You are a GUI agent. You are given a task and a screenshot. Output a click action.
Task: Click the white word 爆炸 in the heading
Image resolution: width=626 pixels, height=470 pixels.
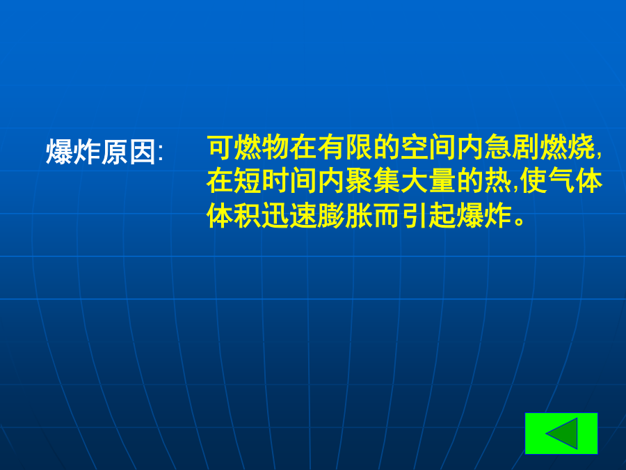coord(74,152)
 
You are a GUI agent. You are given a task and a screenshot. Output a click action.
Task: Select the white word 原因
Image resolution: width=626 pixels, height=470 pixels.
coord(129,152)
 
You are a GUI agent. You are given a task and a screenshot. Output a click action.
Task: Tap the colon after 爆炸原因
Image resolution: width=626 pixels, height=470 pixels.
coord(161,153)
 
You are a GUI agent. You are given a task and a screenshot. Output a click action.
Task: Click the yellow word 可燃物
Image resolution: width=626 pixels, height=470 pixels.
coord(248,147)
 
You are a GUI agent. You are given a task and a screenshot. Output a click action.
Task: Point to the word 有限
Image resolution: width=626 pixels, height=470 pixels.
coord(345,147)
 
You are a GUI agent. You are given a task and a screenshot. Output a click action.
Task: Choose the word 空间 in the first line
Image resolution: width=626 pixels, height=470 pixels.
coord(428,147)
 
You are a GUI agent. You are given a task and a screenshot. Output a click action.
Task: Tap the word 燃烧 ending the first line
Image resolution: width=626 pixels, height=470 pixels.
coord(568,147)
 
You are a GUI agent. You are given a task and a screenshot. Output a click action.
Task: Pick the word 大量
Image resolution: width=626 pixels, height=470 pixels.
coord(428,181)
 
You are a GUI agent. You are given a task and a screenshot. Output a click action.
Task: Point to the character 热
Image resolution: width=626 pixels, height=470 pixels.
coord(498,181)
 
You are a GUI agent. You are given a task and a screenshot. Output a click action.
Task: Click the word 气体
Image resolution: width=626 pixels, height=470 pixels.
coord(575,181)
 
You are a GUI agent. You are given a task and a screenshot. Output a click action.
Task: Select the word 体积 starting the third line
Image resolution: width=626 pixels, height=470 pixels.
coord(234,215)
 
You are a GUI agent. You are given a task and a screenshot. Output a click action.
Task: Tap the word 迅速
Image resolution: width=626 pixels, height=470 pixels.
coord(290,215)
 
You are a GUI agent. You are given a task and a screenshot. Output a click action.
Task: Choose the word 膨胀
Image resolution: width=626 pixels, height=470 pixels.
coord(345,215)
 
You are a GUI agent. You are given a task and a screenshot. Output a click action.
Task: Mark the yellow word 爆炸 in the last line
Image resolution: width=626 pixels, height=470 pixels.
coord(484,215)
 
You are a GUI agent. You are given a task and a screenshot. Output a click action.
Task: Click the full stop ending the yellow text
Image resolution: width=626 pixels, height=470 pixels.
coord(520,221)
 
